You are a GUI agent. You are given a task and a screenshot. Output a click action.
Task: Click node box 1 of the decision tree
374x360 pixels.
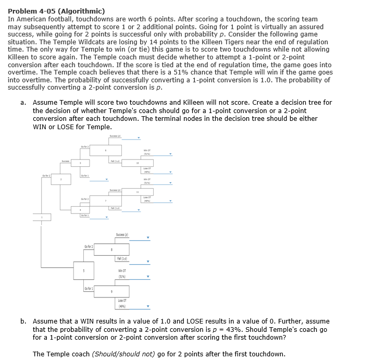point(42,218)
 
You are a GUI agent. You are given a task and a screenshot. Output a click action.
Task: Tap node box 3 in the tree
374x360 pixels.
point(80,163)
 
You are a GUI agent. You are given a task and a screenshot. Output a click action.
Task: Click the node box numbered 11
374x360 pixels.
point(138,192)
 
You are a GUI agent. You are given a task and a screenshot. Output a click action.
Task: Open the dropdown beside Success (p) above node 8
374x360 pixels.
point(148,239)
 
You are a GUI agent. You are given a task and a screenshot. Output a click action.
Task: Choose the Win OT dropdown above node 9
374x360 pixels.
point(148,277)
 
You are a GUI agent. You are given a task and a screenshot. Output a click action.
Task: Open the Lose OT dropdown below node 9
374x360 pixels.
point(148,306)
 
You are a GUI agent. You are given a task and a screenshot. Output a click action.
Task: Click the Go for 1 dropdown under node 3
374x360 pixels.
point(107,181)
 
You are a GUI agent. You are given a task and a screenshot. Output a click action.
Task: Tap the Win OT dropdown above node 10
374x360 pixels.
point(170,154)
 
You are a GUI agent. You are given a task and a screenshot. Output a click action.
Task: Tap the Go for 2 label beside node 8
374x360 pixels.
point(90,246)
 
